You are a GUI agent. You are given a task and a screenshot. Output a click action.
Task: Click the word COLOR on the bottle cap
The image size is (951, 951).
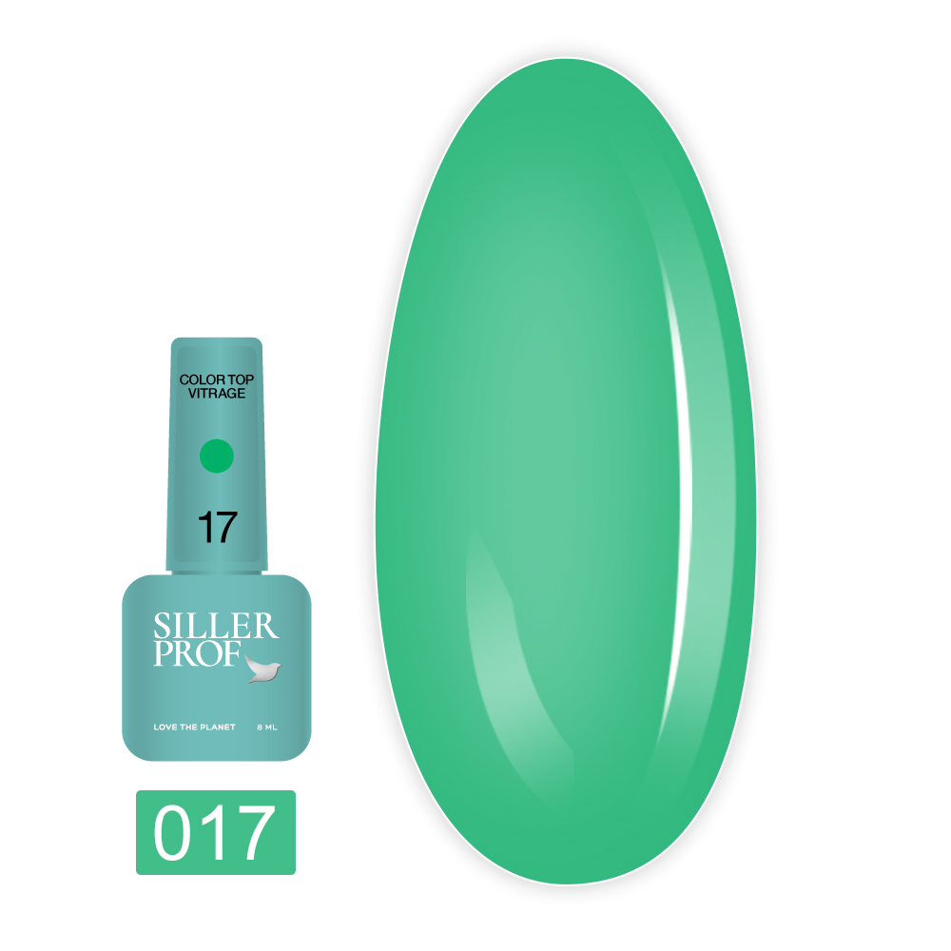pos(203,379)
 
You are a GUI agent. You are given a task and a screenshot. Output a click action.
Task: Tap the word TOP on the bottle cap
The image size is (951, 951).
pos(241,379)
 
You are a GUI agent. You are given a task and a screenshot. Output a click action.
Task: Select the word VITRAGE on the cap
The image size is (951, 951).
pos(217,394)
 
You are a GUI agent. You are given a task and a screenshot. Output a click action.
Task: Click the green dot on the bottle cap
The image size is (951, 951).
pos(217,456)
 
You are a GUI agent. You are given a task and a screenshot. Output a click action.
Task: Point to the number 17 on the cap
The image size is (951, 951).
pos(217,527)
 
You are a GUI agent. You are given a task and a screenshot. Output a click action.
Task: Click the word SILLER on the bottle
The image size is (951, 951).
pos(216,626)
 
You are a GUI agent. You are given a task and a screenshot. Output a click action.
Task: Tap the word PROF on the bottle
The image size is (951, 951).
pos(198,653)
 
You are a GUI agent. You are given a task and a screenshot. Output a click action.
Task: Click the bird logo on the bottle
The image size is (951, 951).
pos(263,669)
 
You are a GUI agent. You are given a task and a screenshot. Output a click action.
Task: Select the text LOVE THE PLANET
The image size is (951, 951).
pos(194,728)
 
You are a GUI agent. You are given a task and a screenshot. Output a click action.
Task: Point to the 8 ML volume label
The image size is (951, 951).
pos(267,728)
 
